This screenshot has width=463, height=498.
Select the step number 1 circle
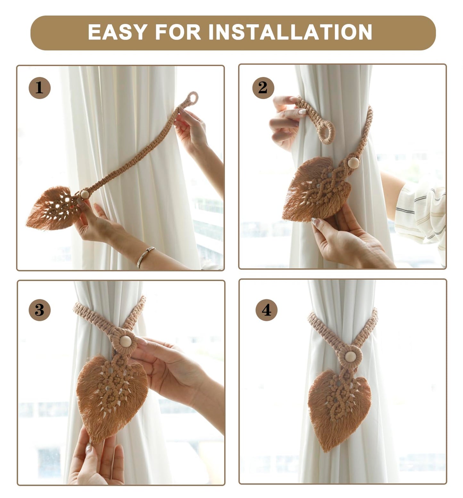(x=39, y=87)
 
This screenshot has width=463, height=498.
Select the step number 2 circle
(x=263, y=87)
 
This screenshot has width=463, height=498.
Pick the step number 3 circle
(x=39, y=310)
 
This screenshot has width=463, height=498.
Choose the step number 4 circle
(x=266, y=310)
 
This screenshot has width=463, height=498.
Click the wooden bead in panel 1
(x=85, y=195)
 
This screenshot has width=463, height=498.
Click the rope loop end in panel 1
(x=193, y=97)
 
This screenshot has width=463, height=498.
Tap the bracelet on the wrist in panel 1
(x=146, y=256)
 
